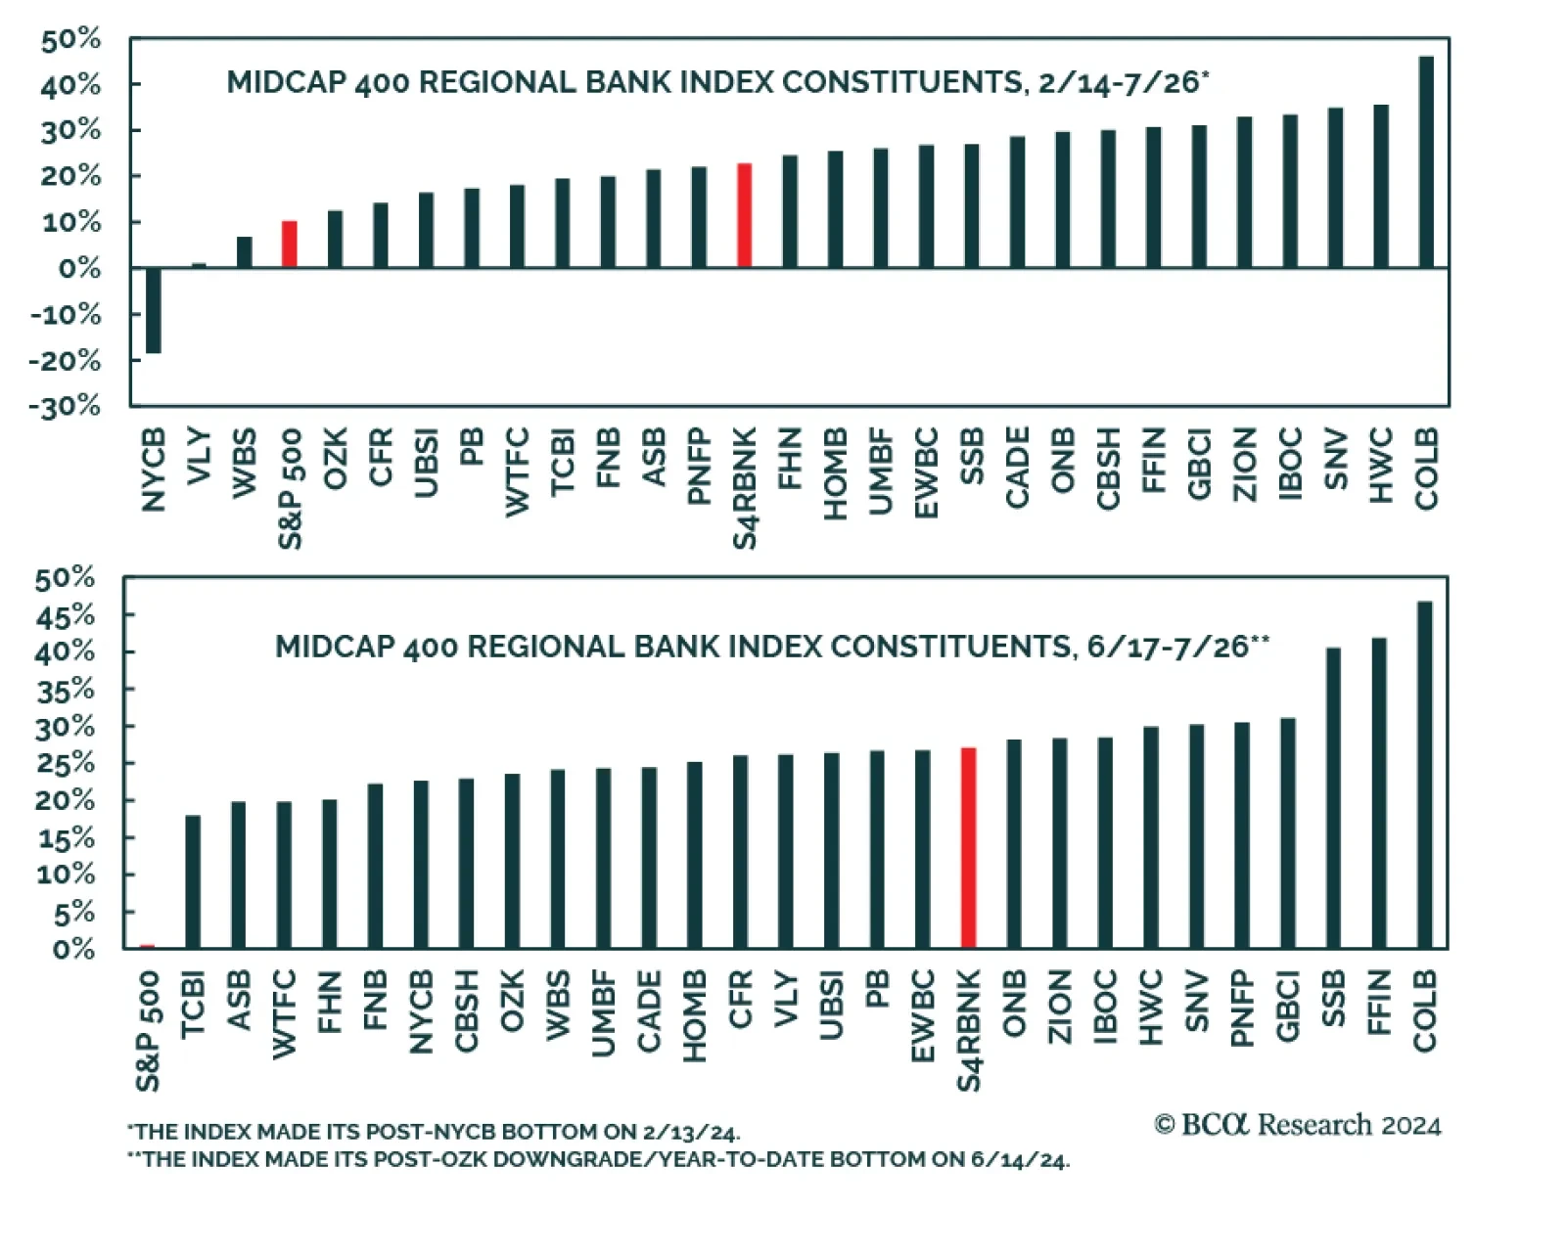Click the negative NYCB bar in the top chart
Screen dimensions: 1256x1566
(x=153, y=310)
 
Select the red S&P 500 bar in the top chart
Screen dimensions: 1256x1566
(x=289, y=245)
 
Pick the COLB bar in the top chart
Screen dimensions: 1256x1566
(x=1426, y=161)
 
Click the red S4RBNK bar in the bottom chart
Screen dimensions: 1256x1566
(x=968, y=848)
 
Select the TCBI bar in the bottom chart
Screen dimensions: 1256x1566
(x=193, y=881)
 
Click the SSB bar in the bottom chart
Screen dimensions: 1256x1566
(x=1333, y=797)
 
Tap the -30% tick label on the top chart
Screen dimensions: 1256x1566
(x=65, y=406)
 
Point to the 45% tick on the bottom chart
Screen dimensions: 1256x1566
(x=65, y=615)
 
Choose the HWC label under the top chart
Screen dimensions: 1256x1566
(x=1380, y=466)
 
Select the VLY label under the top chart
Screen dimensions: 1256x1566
(x=199, y=456)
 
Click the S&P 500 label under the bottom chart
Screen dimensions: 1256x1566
(x=148, y=1031)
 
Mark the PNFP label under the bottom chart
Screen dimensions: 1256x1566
(x=1242, y=1009)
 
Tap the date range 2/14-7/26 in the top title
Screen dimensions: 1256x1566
(x=1118, y=82)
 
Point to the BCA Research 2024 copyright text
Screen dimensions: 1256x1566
(x=1298, y=1125)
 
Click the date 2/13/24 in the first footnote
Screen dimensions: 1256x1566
(x=689, y=1133)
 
